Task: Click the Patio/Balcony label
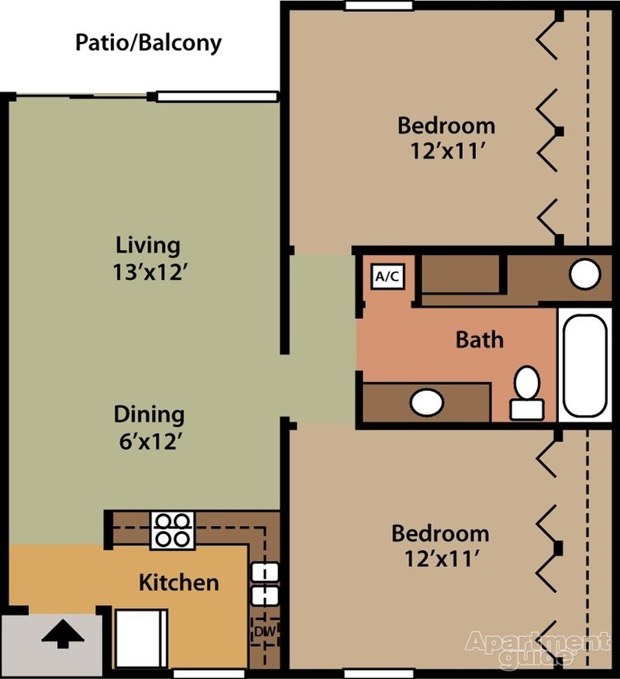148,43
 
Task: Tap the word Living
148,244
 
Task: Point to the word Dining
149,414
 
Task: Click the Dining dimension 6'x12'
149,442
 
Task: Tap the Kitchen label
179,582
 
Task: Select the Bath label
479,339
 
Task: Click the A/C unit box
388,277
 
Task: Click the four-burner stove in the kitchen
172,530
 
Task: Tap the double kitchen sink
264,584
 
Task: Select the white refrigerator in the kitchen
142,639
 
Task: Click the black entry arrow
63,636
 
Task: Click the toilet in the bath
527,393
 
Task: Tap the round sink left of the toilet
427,401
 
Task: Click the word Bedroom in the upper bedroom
446,126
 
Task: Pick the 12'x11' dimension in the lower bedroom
440,559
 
